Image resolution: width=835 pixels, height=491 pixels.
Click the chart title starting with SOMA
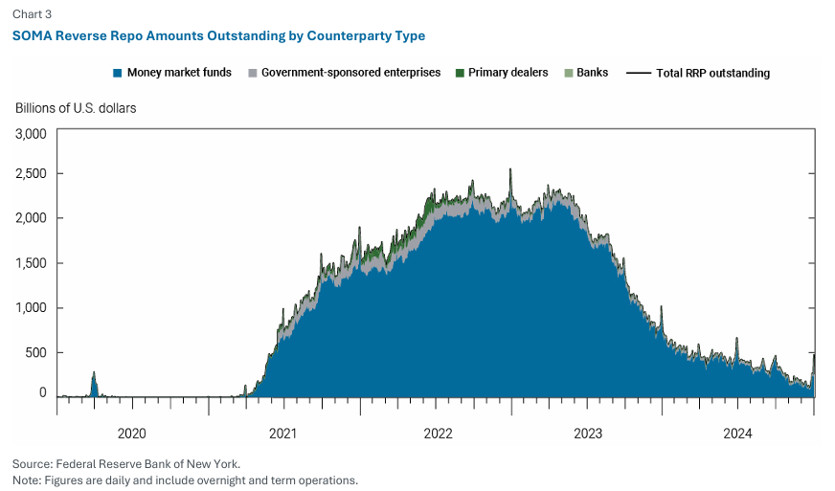(218, 35)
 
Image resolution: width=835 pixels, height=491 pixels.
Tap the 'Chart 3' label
(32, 13)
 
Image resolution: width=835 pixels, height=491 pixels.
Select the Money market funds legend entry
(171, 73)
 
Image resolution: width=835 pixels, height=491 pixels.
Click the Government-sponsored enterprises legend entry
(344, 73)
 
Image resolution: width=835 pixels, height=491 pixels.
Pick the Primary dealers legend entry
(501, 73)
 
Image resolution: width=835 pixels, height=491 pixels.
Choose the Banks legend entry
(585, 73)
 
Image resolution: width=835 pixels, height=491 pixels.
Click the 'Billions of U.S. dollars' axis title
(76, 108)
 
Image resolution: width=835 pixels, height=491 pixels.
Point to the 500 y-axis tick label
(35, 352)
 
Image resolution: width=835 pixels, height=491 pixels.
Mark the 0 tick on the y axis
(42, 392)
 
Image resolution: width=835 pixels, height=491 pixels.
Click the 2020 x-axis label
(132, 434)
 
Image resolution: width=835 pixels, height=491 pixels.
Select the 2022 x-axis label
(438, 434)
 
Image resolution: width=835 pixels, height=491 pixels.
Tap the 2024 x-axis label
(738, 434)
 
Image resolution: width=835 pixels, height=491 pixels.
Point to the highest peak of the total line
(509, 170)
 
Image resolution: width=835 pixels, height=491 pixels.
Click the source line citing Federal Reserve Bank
(126, 463)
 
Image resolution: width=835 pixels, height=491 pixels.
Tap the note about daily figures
(185, 480)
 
